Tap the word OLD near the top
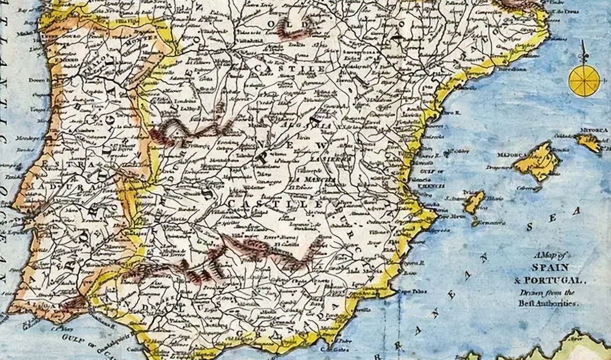click(290, 24)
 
